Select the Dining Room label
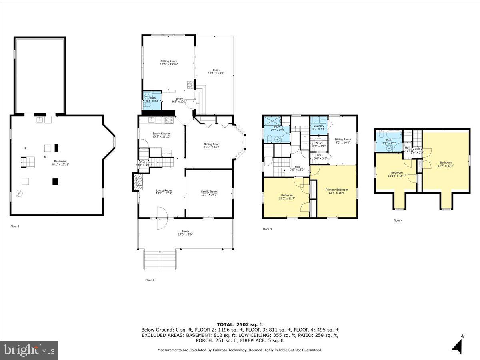coord(212,146)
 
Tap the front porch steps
coord(160,260)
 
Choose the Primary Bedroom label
coord(336,191)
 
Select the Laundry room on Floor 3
coord(319,127)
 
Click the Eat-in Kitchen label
coord(162,135)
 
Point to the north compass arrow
coord(457,345)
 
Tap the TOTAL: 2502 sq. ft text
coord(240,324)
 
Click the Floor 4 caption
coord(398,220)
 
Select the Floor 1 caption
coord(15,226)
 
